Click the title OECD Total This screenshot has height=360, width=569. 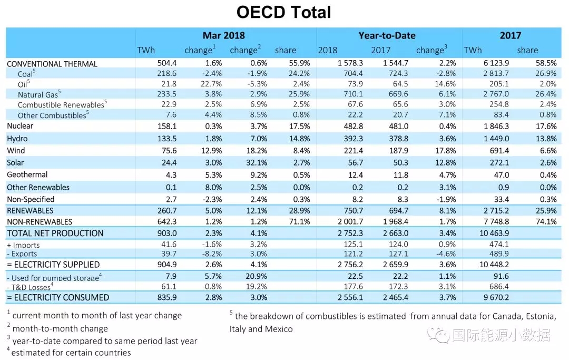click(284, 12)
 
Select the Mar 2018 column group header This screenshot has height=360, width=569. click(223, 35)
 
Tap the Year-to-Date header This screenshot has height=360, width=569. click(387, 35)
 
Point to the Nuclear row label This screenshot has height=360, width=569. click(20, 126)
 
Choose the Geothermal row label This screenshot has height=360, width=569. click(27, 174)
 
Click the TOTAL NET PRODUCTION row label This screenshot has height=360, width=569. click(55, 233)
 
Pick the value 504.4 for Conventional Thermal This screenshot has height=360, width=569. click(167, 63)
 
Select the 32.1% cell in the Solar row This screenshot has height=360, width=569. click(257, 162)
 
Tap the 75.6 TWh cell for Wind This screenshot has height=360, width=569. click(169, 151)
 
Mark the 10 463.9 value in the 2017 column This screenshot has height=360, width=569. click(494, 233)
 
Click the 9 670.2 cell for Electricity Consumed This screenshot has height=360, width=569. click(496, 298)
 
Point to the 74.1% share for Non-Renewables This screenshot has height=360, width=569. click(546, 222)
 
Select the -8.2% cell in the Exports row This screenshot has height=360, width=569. click(212, 254)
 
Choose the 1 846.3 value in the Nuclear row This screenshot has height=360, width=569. click(496, 127)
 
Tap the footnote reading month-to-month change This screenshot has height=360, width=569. click(60, 329)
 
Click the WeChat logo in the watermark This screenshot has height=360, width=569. click(438, 335)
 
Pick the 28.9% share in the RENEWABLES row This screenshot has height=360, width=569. click(299, 210)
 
